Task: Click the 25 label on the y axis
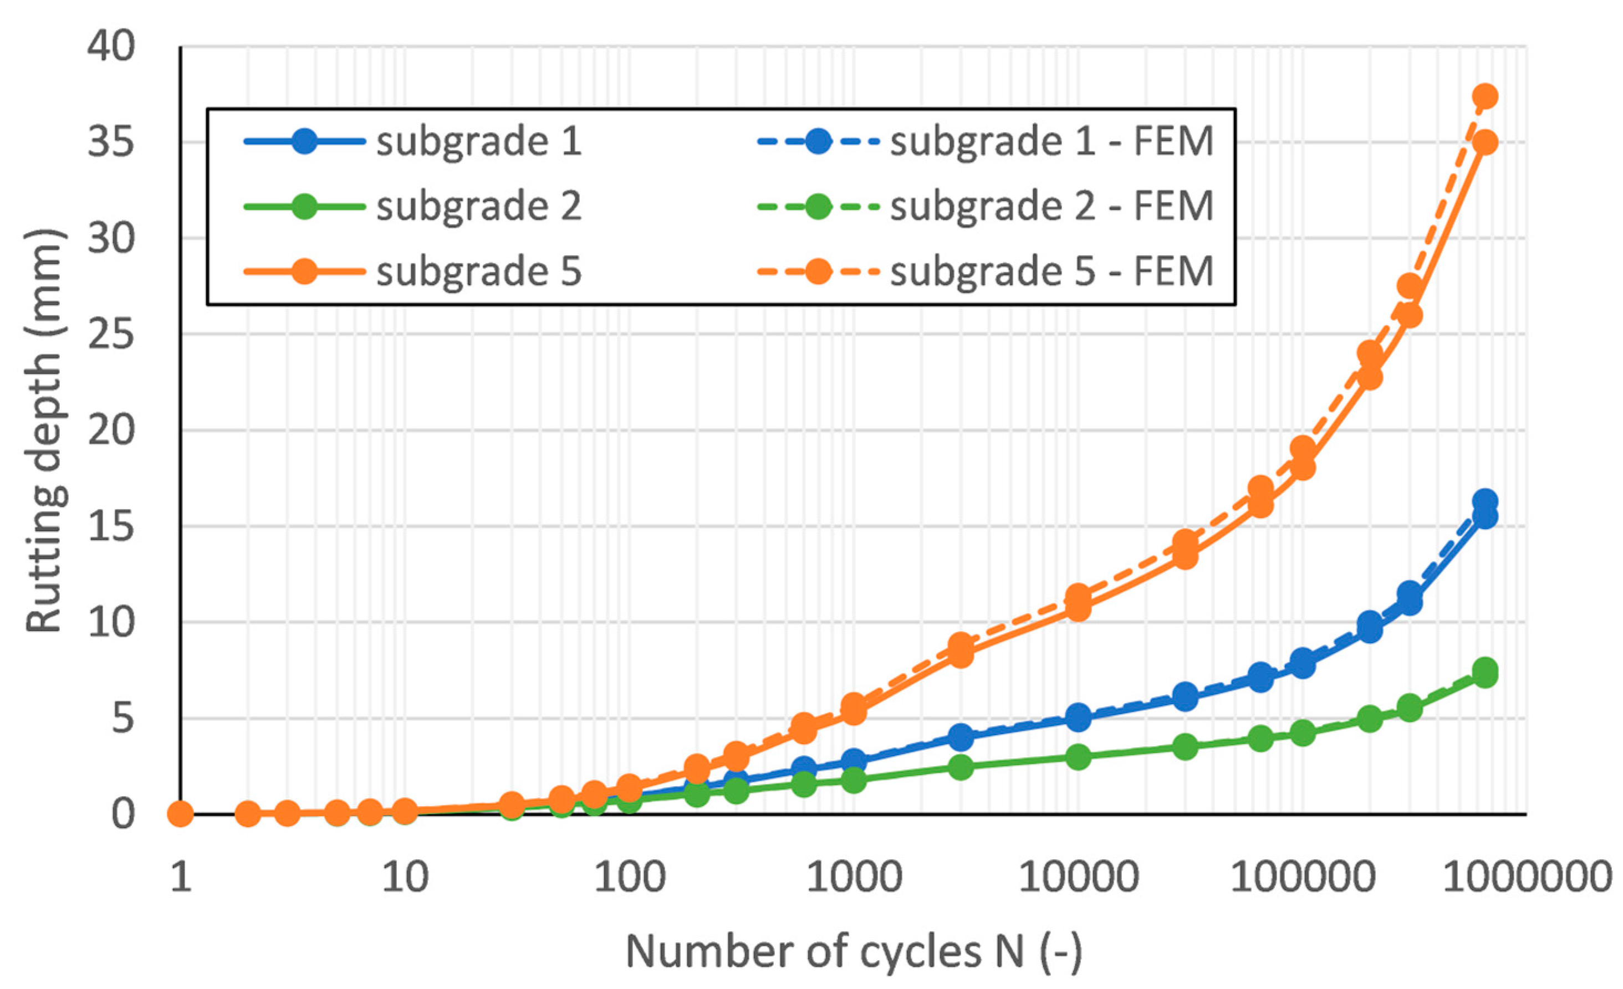tap(111, 334)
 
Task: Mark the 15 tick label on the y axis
tap(111, 526)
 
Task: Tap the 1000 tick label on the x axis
tap(854, 877)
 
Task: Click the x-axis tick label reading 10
tap(405, 877)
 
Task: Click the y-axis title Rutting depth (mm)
tap(45, 431)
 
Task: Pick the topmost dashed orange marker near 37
tap(1484, 97)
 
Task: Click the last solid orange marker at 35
tap(1484, 142)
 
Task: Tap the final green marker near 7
tap(1484, 672)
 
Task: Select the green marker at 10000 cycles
tap(1078, 756)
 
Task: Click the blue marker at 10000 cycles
tap(1078, 717)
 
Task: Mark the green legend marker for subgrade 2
tap(304, 206)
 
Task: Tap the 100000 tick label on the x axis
tap(1302, 877)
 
